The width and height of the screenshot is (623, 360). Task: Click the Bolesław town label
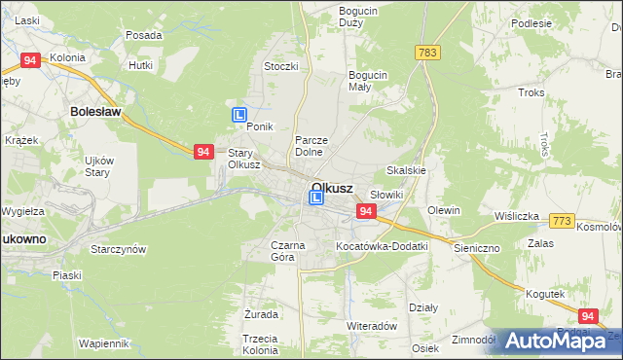point(94,112)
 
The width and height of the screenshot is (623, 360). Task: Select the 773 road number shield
point(561,224)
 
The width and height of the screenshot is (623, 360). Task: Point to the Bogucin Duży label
point(357,17)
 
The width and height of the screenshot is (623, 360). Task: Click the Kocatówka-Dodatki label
point(382,246)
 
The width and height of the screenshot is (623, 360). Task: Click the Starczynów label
point(118,249)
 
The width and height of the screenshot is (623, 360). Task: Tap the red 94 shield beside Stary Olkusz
point(202,152)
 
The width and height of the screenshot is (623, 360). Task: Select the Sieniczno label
point(476,248)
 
